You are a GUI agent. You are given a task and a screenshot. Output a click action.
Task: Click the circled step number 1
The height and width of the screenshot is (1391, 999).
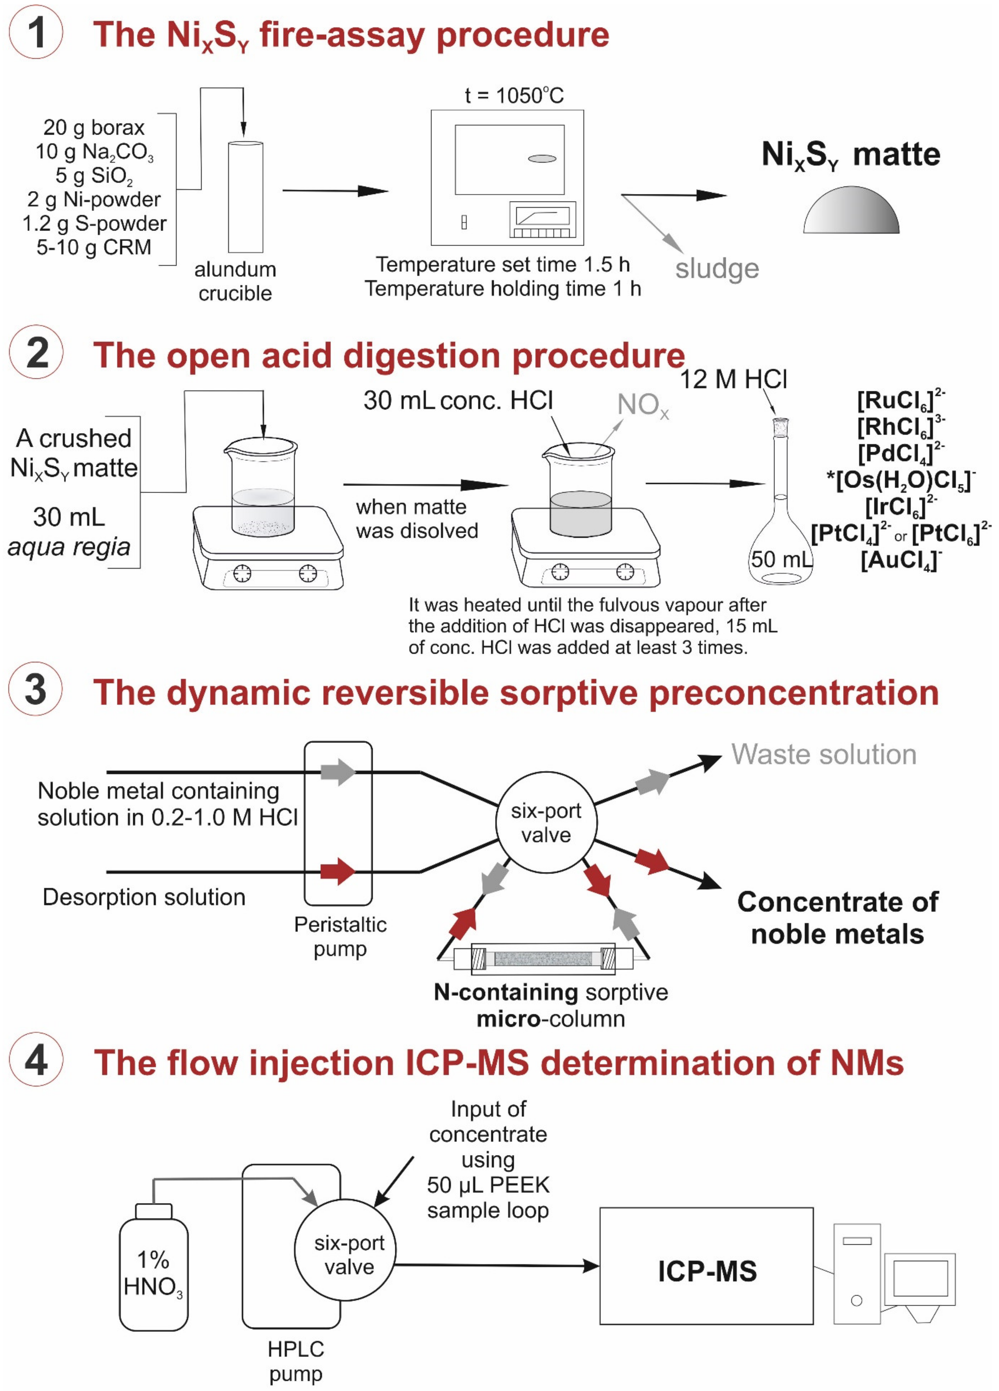click(35, 33)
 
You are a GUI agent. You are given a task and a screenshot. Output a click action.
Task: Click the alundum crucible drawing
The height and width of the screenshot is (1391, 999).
click(245, 196)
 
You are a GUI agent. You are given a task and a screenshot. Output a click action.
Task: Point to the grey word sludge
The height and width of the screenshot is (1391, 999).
click(717, 269)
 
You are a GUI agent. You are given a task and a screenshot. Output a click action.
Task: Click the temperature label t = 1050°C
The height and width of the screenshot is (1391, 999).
click(514, 96)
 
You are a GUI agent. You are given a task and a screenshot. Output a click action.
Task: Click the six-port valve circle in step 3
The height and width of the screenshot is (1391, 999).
click(546, 822)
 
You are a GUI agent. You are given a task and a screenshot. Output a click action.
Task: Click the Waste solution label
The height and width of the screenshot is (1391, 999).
click(823, 754)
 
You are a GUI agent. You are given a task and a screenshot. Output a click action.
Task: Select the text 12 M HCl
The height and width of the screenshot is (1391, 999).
click(733, 380)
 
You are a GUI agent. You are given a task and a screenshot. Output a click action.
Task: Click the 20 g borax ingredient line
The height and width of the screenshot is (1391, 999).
click(94, 127)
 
